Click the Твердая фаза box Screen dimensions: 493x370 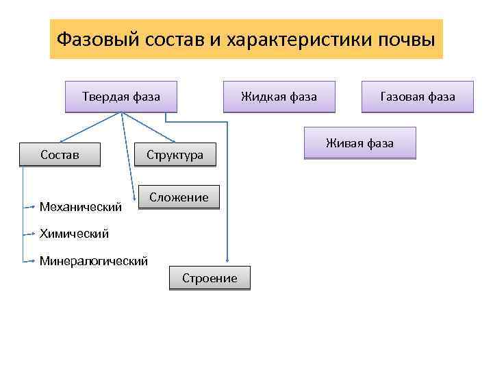click(x=121, y=97)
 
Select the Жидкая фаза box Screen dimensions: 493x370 click(x=279, y=97)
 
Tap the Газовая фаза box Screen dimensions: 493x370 click(x=418, y=97)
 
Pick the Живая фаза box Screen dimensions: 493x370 click(x=359, y=143)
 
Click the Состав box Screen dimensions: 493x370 click(x=60, y=155)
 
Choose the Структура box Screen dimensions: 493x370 click(x=175, y=155)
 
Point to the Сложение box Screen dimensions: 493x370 click(x=179, y=197)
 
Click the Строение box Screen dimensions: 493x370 click(x=210, y=278)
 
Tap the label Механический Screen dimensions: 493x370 click(x=81, y=206)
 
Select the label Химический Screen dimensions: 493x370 click(x=74, y=234)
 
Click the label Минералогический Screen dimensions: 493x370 click(x=94, y=261)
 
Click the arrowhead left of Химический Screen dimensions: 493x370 click(x=32, y=234)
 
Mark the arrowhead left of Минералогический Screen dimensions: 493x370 click(x=32, y=261)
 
